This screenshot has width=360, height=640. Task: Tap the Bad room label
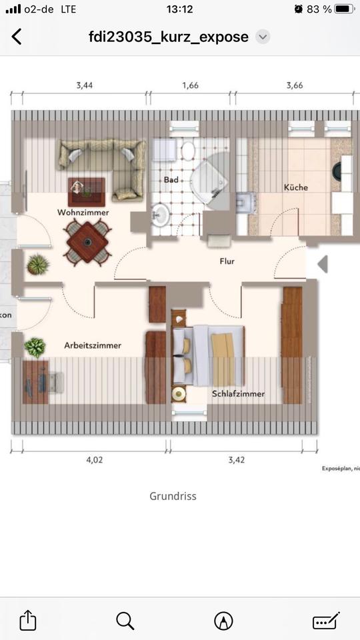pyautogui.click(x=171, y=180)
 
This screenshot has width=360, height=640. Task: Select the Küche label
pyautogui.click(x=295, y=187)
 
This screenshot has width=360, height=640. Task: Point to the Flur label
pyautogui.click(x=227, y=261)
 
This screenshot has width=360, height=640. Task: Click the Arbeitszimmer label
pyautogui.click(x=93, y=345)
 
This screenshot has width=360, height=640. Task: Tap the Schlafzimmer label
pyautogui.click(x=238, y=393)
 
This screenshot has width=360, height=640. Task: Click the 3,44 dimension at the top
pyautogui.click(x=85, y=85)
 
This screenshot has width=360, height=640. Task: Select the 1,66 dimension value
pyautogui.click(x=190, y=85)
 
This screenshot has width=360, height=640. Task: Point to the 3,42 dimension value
pyautogui.click(x=237, y=459)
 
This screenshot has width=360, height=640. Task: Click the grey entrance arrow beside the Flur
pyautogui.click(x=323, y=264)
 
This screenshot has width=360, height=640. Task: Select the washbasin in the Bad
pyautogui.click(x=161, y=215)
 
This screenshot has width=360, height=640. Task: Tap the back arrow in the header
pyautogui.click(x=17, y=37)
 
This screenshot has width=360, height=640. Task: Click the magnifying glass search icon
pyautogui.click(x=125, y=621)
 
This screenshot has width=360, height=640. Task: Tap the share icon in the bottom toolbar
pyautogui.click(x=27, y=620)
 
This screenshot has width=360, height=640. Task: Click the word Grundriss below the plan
pyautogui.click(x=173, y=496)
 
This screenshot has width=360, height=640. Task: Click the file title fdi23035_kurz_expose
pyautogui.click(x=168, y=37)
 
